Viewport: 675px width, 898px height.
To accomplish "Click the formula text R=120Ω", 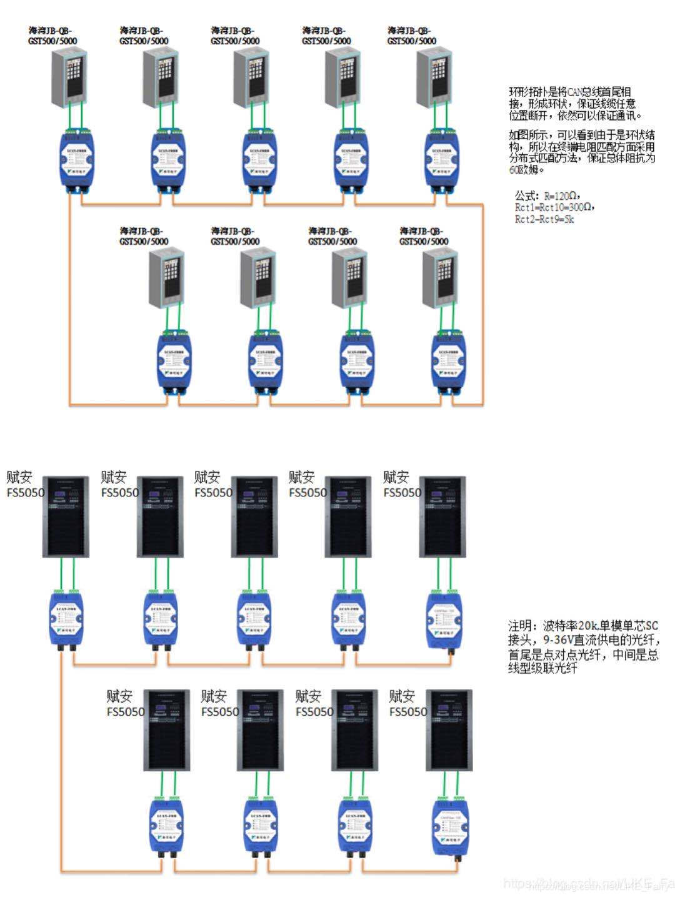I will [556, 196].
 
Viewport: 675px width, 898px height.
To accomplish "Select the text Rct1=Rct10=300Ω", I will [554, 207].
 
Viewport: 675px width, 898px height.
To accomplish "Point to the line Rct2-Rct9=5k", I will [544, 219].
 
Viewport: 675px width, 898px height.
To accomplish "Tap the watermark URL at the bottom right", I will [587, 884].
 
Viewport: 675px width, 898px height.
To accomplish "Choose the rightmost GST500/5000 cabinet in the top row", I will [433, 76].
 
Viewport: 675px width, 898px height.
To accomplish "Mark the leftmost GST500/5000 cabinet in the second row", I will [166, 277].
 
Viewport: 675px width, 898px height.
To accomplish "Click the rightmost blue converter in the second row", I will [451, 361].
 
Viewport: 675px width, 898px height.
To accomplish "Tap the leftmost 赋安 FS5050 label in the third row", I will [25, 485].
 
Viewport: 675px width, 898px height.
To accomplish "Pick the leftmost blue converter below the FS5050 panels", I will [66, 619].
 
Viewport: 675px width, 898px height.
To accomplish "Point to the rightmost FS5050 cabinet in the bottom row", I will [449, 730].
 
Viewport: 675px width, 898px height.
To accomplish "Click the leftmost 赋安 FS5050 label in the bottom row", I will [125, 704].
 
